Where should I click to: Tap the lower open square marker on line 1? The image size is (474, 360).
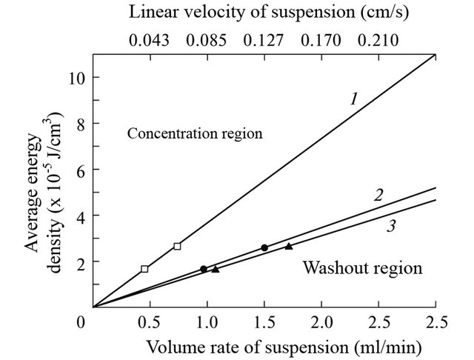(144, 269)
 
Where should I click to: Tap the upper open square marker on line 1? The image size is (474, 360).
(177, 246)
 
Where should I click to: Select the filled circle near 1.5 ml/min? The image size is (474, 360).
(264, 247)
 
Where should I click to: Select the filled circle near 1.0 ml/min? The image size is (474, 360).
(204, 269)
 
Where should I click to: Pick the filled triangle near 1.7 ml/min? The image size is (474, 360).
(289, 246)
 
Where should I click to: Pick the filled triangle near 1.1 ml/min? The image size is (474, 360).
(215, 269)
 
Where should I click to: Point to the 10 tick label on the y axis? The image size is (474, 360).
(75, 79)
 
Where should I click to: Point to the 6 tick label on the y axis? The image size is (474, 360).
(79, 170)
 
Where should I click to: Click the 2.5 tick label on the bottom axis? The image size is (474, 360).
(435, 323)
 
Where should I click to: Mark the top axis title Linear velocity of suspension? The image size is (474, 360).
(264, 13)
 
